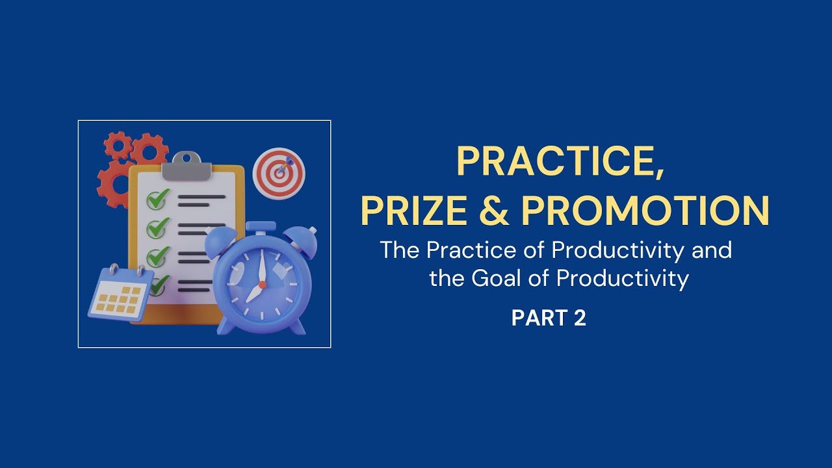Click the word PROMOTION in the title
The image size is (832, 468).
[x=645, y=210]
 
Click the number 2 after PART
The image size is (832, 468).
[x=580, y=318]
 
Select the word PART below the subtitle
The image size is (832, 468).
[x=538, y=318]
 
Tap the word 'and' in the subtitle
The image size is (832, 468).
[x=712, y=250]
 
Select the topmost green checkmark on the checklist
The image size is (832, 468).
[x=157, y=199]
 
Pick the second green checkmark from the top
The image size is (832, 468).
[x=157, y=227]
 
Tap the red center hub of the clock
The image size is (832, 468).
[x=262, y=284]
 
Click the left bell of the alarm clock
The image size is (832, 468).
[x=223, y=244]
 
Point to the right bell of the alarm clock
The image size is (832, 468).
[x=302, y=242]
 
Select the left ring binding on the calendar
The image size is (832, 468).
[x=114, y=270]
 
